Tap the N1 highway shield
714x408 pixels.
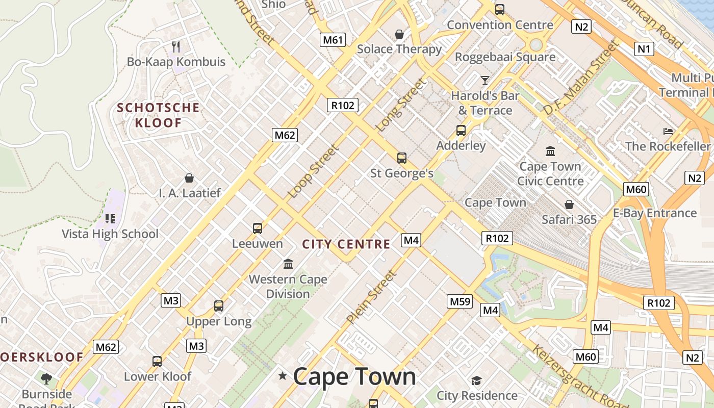[645, 49]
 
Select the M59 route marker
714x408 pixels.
[460, 301]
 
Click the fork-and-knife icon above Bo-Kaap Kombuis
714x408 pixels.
[176, 47]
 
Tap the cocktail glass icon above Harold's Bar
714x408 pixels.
[484, 81]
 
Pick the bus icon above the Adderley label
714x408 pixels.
[461, 131]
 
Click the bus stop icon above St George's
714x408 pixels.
[402, 158]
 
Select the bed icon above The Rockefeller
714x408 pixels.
[668, 132]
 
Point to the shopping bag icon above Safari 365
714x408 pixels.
[569, 205]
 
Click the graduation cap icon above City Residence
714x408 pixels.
[476, 380]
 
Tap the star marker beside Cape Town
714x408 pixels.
[283, 376]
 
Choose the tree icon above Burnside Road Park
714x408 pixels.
[46, 378]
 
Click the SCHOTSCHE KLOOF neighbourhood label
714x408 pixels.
[158, 115]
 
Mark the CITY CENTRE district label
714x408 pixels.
[346, 244]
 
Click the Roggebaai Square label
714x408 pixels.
[505, 57]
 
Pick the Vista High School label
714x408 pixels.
[110, 234]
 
